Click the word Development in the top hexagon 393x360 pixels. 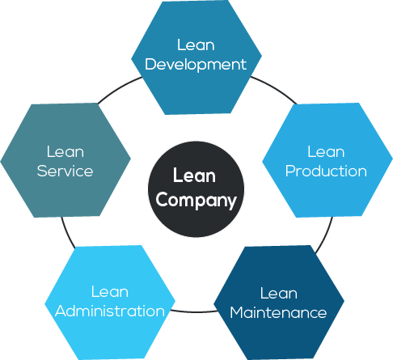coord(196,65)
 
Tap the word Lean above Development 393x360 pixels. coord(196,45)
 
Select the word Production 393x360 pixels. coord(326,172)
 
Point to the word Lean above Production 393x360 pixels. coord(326,152)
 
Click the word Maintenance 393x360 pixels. coord(278,312)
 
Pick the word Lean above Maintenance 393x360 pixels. coord(278,293)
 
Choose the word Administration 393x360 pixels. coord(109,311)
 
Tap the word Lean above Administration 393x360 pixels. coord(109,291)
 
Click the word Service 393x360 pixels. coord(65,172)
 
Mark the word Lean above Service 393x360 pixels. coord(65,152)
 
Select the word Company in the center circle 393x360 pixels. coord(196,200)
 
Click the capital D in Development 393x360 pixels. coord(150,65)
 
